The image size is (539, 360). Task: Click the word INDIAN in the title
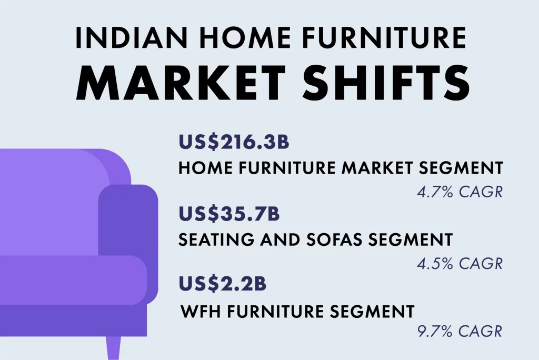tap(132, 37)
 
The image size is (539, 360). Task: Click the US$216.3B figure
tap(234, 142)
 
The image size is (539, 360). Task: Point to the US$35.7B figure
tap(229, 213)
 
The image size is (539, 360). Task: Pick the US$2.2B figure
tap(223, 283)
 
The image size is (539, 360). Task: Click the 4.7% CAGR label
tap(460, 192)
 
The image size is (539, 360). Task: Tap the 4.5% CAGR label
tap(460, 263)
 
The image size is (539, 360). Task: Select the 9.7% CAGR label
tap(460, 331)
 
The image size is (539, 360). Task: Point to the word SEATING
tap(216, 239)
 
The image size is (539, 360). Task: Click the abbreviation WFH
tap(201, 312)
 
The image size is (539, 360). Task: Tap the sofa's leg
tap(113, 348)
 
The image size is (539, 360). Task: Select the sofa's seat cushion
tap(73, 280)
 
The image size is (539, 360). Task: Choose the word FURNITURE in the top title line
tap(384, 37)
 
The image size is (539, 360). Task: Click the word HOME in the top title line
tap(245, 37)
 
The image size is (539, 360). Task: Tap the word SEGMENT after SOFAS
tap(411, 239)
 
